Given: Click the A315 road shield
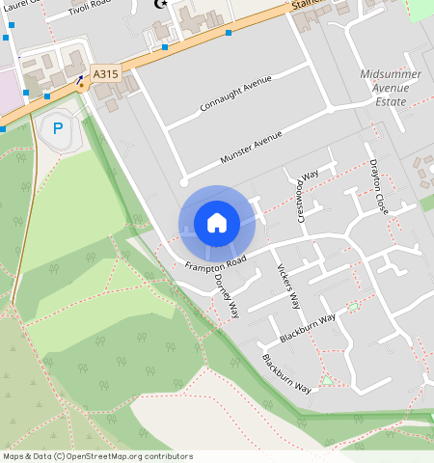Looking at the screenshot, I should coord(106,72).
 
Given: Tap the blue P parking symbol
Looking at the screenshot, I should coord(58,126).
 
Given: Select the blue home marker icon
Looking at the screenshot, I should coord(217,223).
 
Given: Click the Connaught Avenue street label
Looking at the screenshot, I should coord(236,92).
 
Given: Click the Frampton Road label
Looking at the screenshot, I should coord(216,263).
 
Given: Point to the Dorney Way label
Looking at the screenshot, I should coord(227,295).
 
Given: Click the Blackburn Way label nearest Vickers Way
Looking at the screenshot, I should coord(307,328).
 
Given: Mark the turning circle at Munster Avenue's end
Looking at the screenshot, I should coord(183,180).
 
